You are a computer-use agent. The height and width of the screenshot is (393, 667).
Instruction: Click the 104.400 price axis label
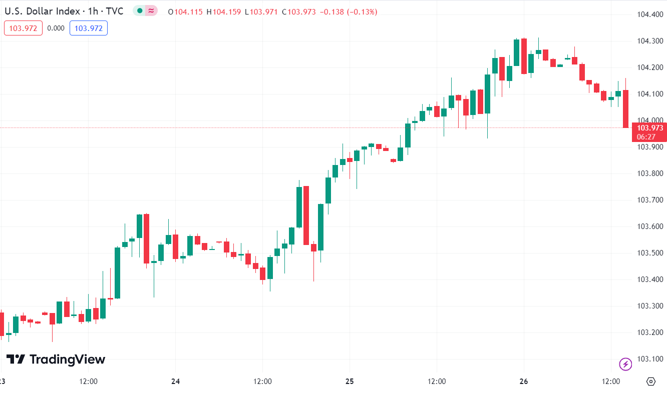650,14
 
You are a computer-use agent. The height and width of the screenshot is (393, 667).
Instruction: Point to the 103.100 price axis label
650,359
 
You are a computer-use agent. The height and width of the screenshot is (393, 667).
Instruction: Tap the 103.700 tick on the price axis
650,200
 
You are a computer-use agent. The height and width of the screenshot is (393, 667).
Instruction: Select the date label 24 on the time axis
175,381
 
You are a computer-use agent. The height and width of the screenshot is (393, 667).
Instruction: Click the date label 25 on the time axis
350,381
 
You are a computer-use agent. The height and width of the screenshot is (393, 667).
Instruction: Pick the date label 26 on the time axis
524,381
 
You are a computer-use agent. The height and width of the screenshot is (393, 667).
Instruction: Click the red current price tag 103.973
649,132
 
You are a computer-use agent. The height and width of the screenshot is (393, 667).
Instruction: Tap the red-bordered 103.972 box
24,28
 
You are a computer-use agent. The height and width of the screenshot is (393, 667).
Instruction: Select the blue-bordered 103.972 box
89,28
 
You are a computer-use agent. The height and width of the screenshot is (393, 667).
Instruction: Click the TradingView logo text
56,359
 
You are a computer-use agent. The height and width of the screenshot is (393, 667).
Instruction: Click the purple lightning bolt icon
625,364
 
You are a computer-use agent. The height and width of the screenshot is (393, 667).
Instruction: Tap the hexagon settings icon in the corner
650,381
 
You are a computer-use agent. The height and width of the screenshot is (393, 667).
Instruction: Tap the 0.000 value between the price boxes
56,28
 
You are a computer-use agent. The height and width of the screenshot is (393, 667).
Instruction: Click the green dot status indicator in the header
140,11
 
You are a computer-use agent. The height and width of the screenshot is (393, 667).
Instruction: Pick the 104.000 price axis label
650,120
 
